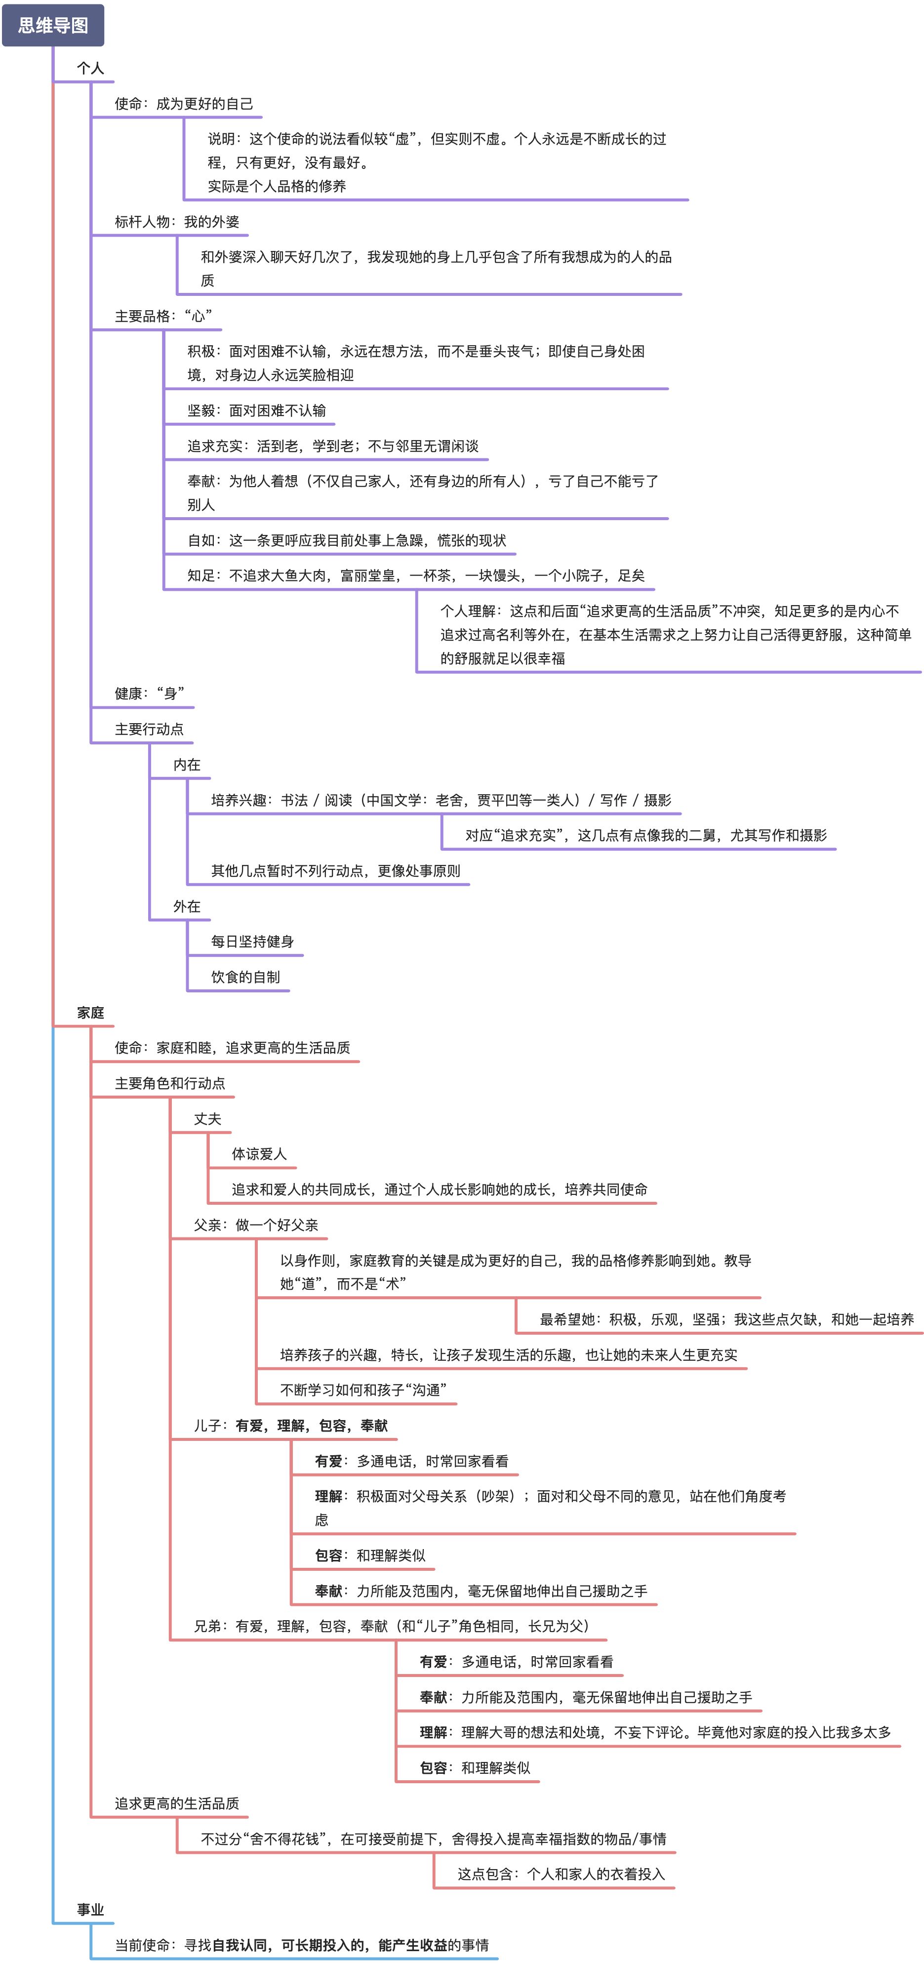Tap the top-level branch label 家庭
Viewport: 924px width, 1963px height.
tap(90, 1013)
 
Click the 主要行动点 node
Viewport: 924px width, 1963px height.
tap(149, 729)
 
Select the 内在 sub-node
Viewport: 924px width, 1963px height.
tap(187, 764)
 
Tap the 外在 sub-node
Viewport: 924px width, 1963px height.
tap(187, 906)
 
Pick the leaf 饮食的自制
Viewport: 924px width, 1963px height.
tap(245, 977)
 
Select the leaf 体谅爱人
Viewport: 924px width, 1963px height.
tap(259, 1154)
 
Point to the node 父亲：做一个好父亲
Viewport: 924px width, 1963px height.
tap(256, 1225)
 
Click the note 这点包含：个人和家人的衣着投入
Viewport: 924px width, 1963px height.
tap(561, 1874)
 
